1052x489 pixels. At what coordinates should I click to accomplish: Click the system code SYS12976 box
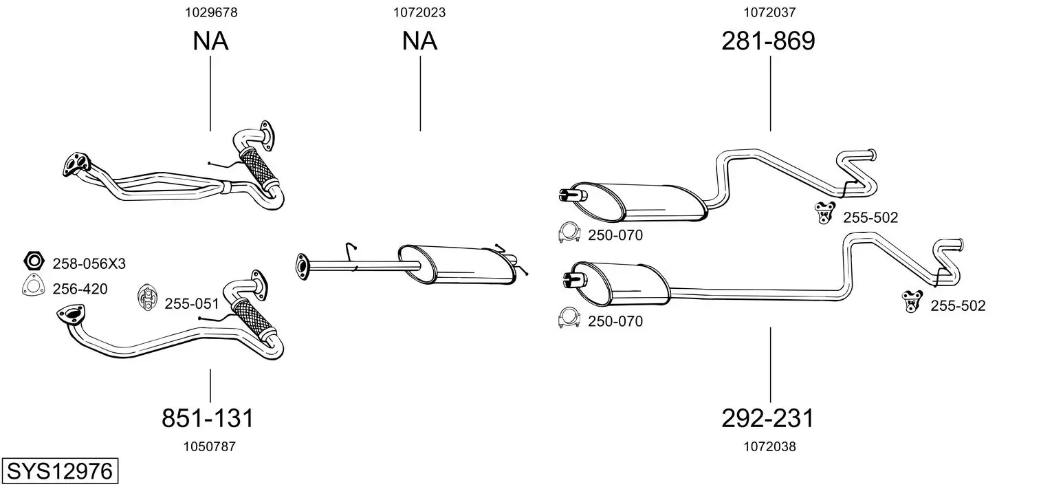click(60, 470)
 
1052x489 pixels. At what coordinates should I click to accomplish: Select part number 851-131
click(208, 417)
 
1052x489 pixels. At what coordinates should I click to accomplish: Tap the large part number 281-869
click(768, 41)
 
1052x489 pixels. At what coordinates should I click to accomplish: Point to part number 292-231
click(767, 417)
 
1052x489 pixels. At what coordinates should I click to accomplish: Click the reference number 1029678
click(211, 12)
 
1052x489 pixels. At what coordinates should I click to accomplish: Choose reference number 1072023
click(419, 12)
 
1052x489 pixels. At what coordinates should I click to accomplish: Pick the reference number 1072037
click(769, 12)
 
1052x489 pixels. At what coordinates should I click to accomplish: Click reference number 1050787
click(210, 446)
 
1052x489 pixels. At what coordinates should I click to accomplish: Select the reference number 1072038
click(769, 446)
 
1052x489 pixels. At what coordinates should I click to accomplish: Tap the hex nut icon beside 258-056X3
click(34, 261)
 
